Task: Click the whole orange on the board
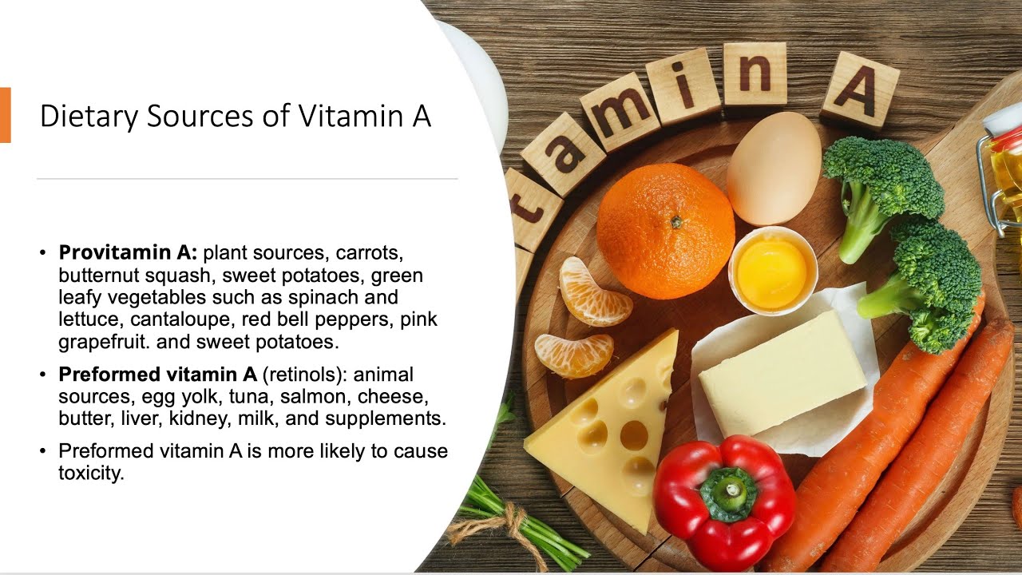[x=665, y=230]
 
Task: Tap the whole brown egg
[x=773, y=168]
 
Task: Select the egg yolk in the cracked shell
[x=771, y=274]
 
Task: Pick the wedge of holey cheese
[x=607, y=423]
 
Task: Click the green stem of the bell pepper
[x=728, y=493]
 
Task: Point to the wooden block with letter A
[x=860, y=90]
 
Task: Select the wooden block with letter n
[x=755, y=74]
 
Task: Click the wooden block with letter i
[x=683, y=85]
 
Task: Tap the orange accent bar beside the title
[x=5, y=115]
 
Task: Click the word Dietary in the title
[x=89, y=116]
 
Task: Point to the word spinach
[x=347, y=298]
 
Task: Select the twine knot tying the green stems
[x=505, y=523]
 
